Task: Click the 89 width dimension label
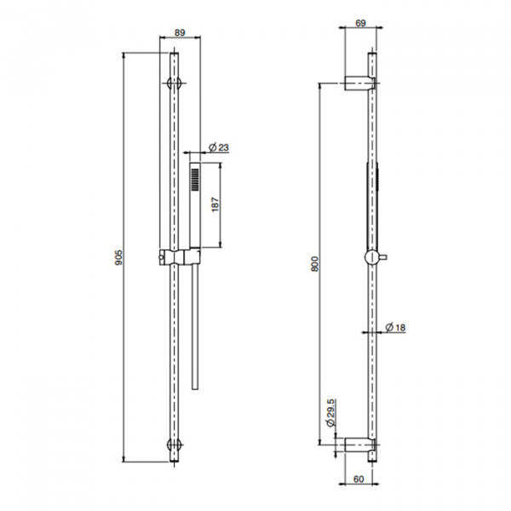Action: point(181,32)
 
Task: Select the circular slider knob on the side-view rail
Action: point(371,258)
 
